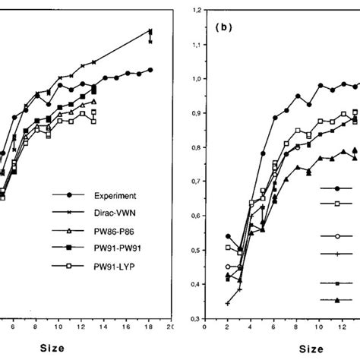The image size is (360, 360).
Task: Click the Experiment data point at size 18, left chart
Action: [x=151, y=69]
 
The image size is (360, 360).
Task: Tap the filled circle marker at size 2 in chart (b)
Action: [x=227, y=237]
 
